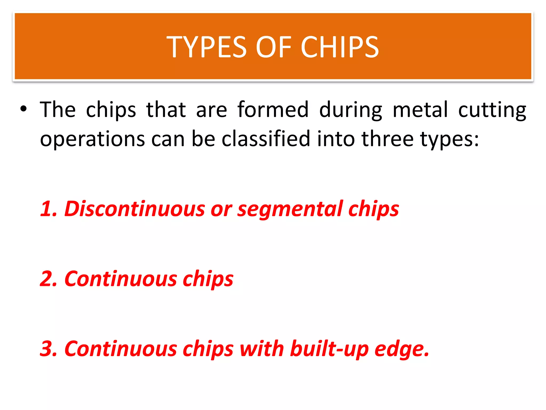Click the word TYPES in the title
[207, 47]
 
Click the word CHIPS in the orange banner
[340, 47]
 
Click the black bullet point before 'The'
[23, 109]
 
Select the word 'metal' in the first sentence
[420, 109]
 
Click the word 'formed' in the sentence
[273, 109]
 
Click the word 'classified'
[266, 139]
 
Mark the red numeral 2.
[47, 279]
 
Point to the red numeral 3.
[47, 349]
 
